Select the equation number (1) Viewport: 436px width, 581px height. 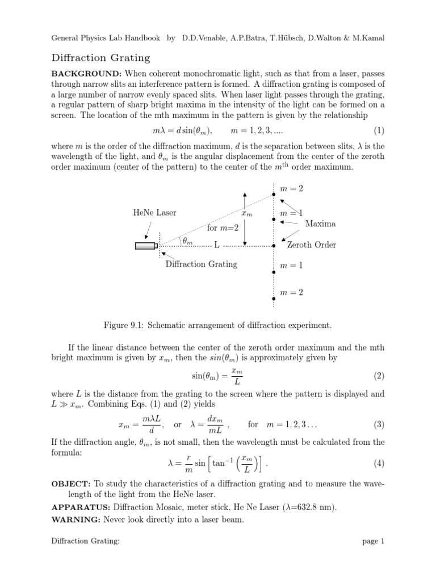[x=379, y=130]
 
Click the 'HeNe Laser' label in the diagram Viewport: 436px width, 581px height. [x=154, y=213]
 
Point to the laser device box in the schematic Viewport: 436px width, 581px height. [x=145, y=246]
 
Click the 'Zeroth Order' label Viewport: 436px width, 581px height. [x=312, y=245]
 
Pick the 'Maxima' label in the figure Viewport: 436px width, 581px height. [x=320, y=224]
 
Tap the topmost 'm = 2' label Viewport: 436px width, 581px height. [x=292, y=187]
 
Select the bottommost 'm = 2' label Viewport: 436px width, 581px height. [x=292, y=292]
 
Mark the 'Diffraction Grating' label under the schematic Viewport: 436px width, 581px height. [x=201, y=264]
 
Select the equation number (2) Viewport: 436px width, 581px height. [x=379, y=376]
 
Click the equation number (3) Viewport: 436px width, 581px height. [x=379, y=424]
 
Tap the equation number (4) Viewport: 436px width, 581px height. [x=379, y=464]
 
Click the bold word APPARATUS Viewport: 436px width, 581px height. [x=80, y=507]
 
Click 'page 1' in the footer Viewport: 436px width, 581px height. [x=373, y=557]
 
